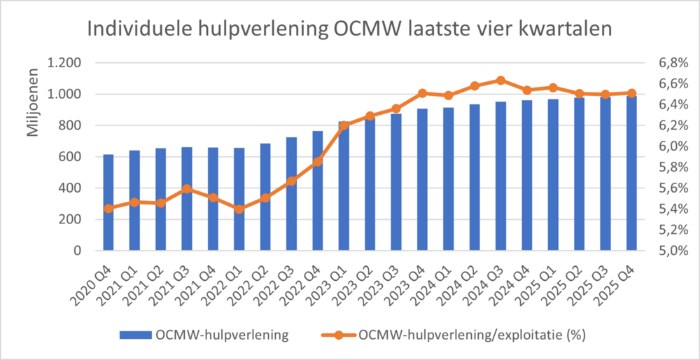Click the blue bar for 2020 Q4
click(108, 202)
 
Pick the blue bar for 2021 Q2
click(161, 199)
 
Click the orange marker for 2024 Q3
click(500, 81)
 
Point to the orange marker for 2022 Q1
click(239, 209)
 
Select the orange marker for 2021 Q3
click(187, 188)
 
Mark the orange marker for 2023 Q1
click(344, 126)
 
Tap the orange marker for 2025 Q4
click(631, 93)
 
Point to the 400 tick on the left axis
click(69, 188)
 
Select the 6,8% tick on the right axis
click(673, 63)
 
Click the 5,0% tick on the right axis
click(673, 251)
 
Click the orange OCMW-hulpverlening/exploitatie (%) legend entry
click(455, 335)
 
